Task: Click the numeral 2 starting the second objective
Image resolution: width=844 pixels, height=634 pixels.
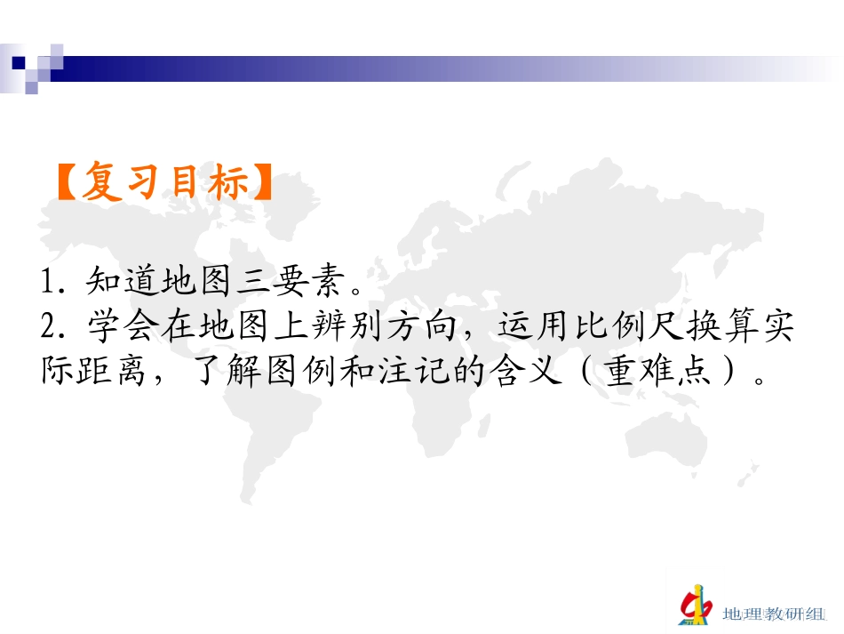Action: tap(48, 328)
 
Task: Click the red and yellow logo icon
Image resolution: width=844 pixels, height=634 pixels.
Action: tap(696, 605)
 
